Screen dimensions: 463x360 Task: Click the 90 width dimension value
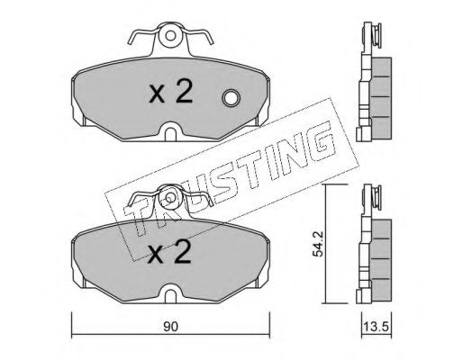pos(170,327)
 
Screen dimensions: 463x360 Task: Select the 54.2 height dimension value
pos(317,244)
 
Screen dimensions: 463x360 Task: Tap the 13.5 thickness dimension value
pos(376,327)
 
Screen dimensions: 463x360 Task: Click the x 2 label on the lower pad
pos(170,253)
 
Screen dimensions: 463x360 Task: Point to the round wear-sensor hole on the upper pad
pos(231,98)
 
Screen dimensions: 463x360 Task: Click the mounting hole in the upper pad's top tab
pos(170,36)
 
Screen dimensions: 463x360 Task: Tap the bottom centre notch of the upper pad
pos(170,132)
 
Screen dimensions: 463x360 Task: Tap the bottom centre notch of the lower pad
pos(170,294)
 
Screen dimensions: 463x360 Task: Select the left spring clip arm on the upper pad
pos(142,35)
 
